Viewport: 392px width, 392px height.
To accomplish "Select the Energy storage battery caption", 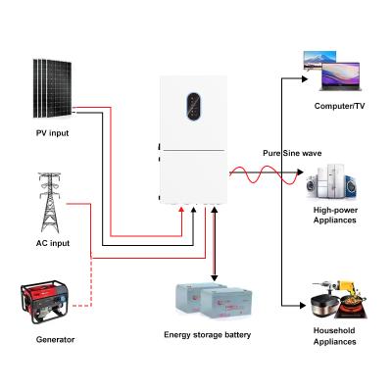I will (x=208, y=335).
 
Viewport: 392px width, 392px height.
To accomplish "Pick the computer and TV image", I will (x=333, y=69).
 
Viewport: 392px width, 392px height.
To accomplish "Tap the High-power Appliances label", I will (x=334, y=215).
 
